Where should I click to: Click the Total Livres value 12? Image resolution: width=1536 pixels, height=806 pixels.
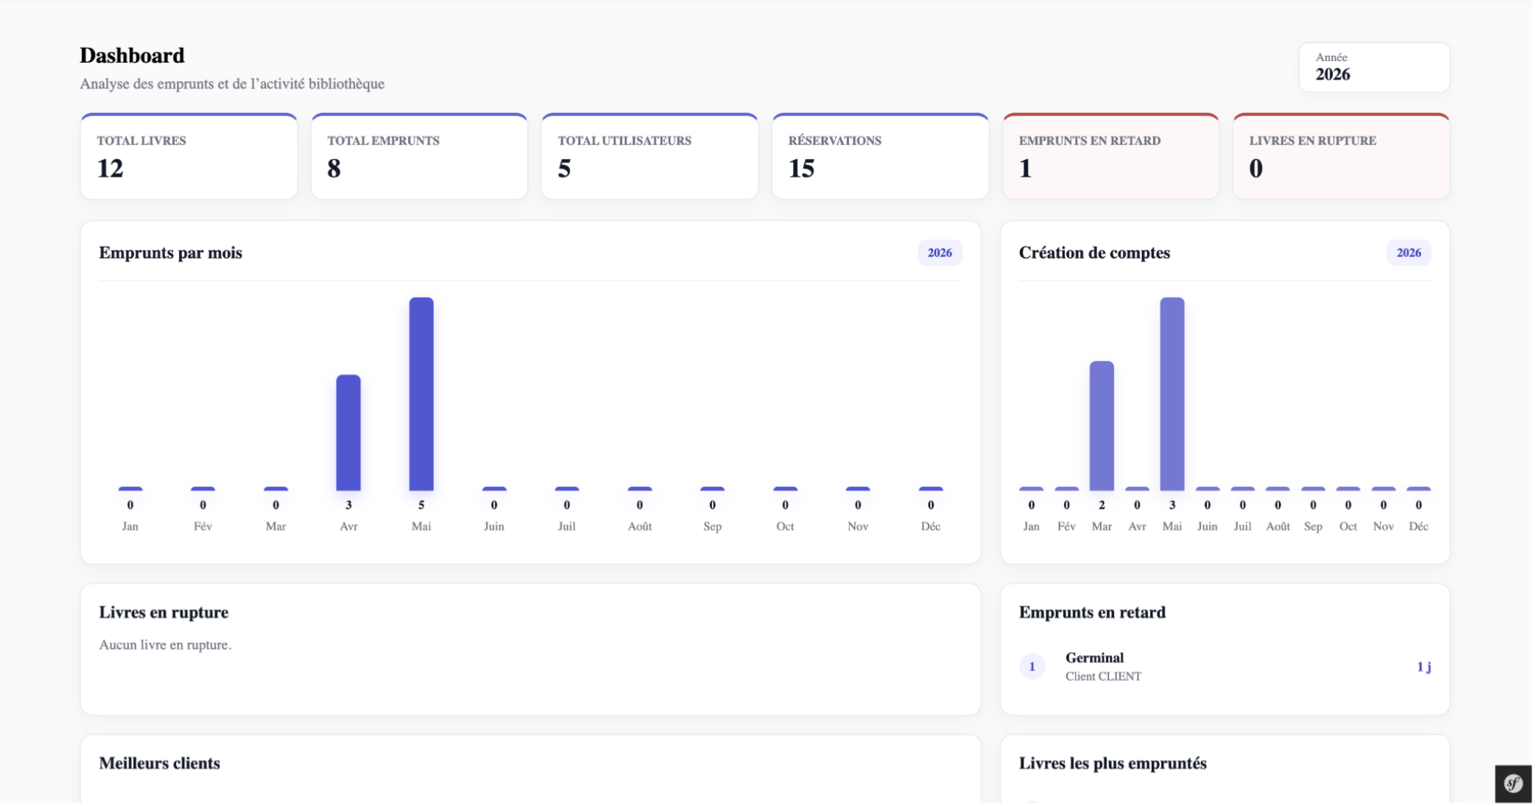(x=110, y=169)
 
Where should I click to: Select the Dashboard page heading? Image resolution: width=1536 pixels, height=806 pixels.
(x=133, y=56)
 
